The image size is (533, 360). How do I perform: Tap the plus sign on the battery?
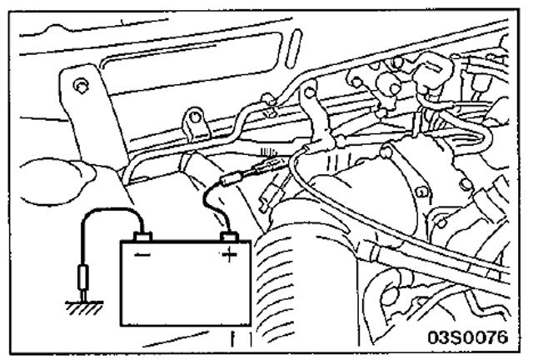(x=227, y=255)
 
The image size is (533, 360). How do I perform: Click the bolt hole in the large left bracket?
(x=79, y=85)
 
